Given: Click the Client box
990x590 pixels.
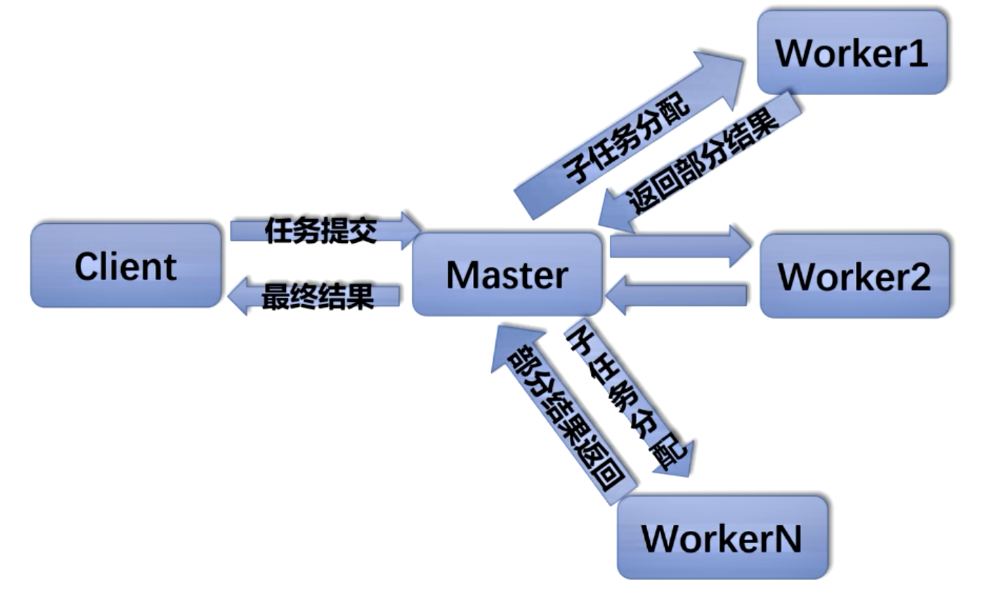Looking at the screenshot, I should (126, 265).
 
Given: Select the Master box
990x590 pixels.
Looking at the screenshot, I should (507, 275).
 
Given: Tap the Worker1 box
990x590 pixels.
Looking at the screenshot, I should (852, 52).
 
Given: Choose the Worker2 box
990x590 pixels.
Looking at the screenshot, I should (854, 276).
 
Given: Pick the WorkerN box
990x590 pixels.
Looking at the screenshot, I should (722, 538).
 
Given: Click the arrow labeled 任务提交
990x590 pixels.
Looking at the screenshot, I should (320, 230).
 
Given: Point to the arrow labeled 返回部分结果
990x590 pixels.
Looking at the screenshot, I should (703, 164).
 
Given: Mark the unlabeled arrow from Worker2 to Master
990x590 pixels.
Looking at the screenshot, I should (678, 295).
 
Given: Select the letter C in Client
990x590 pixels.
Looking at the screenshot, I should (88, 266).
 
